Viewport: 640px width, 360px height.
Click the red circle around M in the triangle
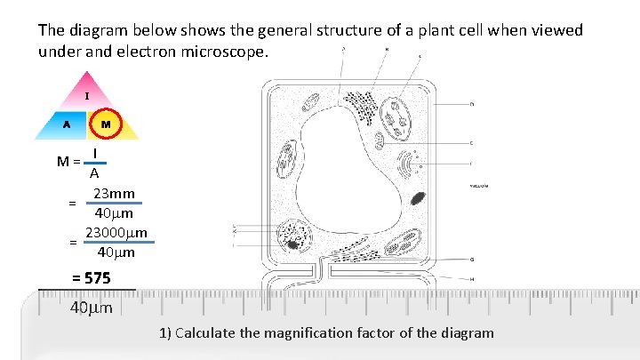[x=106, y=124]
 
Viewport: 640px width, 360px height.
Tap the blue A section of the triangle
[x=64, y=125]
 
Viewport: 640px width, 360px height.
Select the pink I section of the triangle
[x=86, y=95]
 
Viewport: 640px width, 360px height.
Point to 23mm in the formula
[x=115, y=194]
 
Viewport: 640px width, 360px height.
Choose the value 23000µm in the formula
[x=116, y=233]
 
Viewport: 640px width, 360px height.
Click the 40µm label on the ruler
[x=91, y=309]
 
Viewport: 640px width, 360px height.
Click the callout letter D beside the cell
[x=471, y=104]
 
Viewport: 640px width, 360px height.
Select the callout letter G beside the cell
[x=471, y=260]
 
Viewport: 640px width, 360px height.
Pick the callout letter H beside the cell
[x=471, y=279]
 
